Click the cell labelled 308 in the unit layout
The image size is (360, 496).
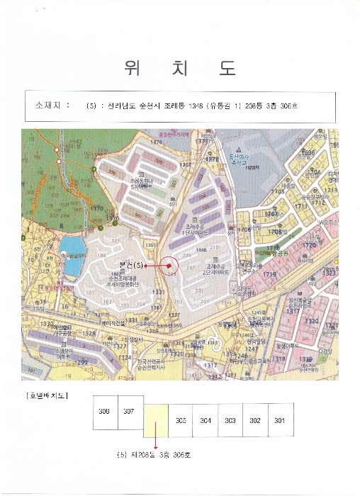click(104, 412)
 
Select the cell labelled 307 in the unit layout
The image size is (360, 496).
click(128, 412)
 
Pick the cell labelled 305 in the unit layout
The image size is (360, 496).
click(181, 420)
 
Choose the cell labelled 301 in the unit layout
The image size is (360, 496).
click(280, 420)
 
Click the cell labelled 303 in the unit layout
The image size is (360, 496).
click(230, 420)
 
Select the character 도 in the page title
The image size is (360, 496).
click(227, 68)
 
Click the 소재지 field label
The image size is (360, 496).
click(49, 106)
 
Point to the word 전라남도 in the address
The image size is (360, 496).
click(118, 106)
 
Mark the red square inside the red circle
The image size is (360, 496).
click(170, 264)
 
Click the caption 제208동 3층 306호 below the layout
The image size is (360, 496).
click(158, 455)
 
